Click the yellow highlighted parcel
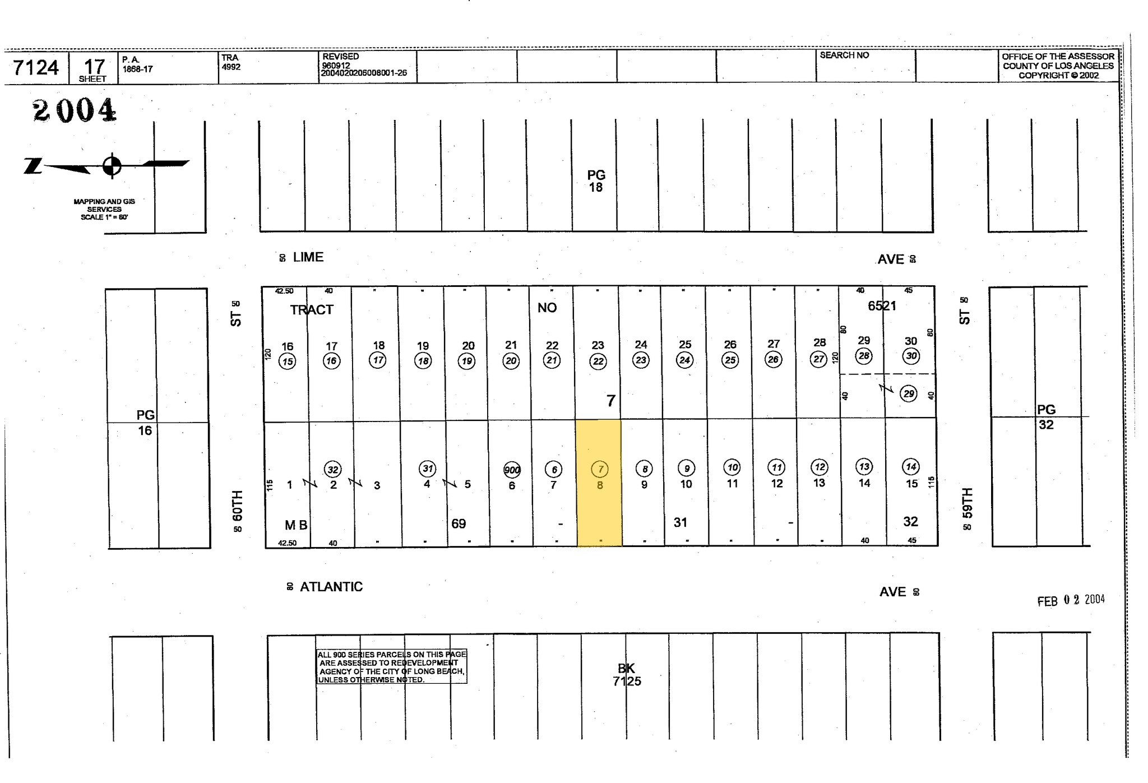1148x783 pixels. pos(599,483)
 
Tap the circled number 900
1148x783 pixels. pos(512,470)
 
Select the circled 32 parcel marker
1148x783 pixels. pos(333,470)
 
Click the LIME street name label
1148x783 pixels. pos(308,257)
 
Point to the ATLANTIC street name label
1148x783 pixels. pos(331,587)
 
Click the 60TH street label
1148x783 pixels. pos(238,505)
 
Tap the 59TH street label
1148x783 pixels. pos(967,503)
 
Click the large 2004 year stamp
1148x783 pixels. pos(75,110)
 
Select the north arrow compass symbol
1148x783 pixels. pos(112,165)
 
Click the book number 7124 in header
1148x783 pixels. pos(36,68)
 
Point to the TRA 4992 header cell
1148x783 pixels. pos(231,62)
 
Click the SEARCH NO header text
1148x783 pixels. pos(844,55)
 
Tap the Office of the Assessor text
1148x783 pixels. pos(1058,66)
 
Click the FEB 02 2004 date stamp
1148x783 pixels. pos(1071,600)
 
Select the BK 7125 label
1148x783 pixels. pos(626,675)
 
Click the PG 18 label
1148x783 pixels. pos(596,182)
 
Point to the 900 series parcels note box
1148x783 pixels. pos(391,667)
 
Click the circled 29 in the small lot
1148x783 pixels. pos(909,393)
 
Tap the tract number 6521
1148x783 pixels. pos(882,306)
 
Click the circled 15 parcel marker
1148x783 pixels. pos(288,362)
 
